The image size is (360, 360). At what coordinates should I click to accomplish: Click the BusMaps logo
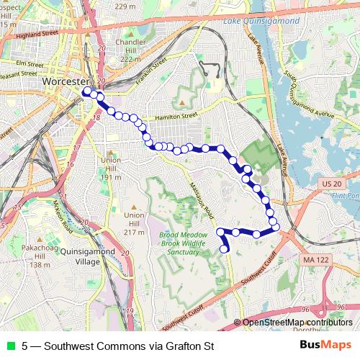pos(326,345)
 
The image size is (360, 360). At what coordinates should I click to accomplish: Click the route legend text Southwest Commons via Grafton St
pos(118,346)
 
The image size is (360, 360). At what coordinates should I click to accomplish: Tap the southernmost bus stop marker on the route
pos(225,249)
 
